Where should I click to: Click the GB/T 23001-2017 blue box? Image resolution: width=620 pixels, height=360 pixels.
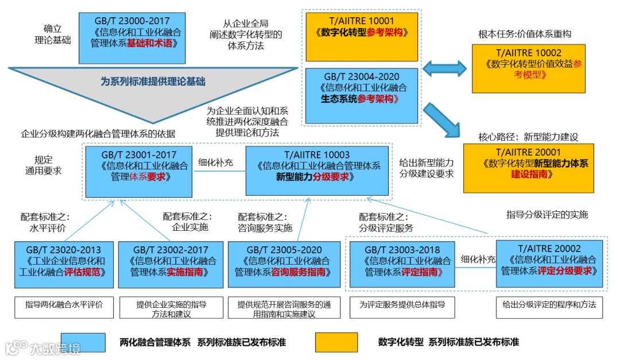(139, 171)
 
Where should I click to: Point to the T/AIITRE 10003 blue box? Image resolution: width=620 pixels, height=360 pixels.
(317, 171)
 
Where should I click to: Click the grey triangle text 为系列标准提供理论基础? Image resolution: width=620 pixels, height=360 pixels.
(153, 82)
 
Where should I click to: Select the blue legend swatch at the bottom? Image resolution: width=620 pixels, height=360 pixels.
(83, 342)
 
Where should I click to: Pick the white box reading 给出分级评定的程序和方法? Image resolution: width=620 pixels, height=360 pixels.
(549, 304)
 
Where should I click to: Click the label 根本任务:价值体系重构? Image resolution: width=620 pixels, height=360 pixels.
(524, 34)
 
